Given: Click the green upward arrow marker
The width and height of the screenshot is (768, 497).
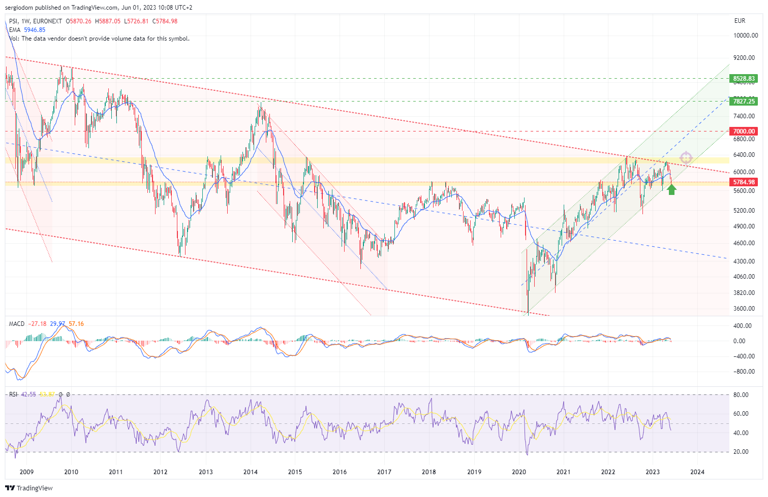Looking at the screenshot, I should coord(671,190).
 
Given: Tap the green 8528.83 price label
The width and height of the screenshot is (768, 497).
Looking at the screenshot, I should coord(744,79).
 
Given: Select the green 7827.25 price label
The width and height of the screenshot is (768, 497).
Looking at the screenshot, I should coord(744,102).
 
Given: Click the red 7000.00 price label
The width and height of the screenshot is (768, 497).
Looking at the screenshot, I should coord(744,131).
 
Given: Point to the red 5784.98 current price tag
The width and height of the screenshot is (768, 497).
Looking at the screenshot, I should coord(744,182).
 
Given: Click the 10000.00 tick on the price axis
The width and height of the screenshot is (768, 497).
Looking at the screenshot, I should coord(746,36).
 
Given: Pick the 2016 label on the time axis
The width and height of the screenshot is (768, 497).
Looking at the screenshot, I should coord(340,472).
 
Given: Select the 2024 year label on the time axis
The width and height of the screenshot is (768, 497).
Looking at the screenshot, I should coord(697,472).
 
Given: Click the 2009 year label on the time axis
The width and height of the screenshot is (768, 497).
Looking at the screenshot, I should coord(26,472).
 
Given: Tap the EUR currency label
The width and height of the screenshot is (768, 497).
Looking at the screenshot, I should coord(740,21).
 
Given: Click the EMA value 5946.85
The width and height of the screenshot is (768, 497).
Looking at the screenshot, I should coord(35,30).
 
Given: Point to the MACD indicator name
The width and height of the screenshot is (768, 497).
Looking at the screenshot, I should coord(17,324).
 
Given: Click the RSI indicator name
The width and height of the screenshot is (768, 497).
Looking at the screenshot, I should coord(13,394).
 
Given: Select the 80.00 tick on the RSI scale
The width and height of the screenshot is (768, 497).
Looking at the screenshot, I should coord(741,395).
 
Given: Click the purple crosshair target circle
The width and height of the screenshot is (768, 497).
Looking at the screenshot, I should coord(686,158).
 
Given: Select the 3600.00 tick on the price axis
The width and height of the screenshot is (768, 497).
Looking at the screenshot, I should coord(744,309).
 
